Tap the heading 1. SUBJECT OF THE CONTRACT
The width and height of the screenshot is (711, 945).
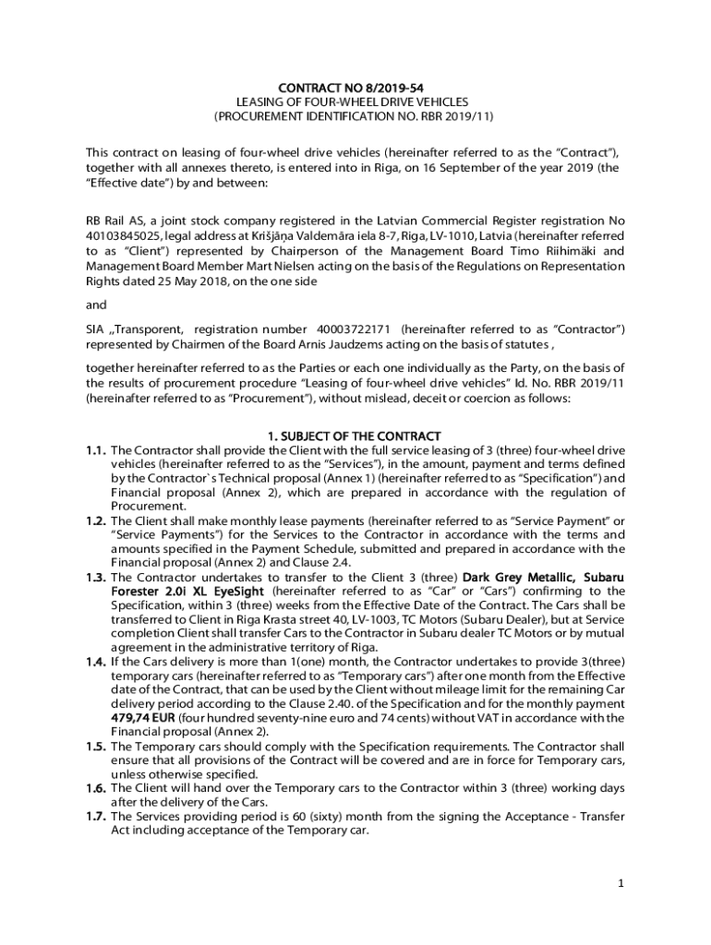(355, 435)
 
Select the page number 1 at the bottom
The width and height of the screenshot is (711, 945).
(622, 883)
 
